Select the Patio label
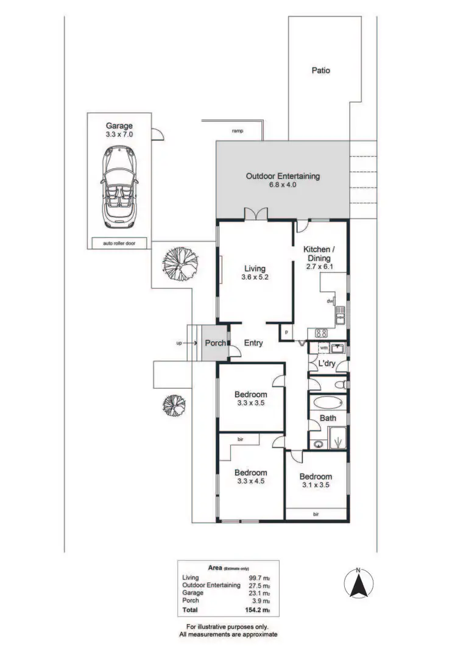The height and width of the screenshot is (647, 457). click(321, 71)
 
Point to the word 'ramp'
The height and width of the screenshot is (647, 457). click(238, 131)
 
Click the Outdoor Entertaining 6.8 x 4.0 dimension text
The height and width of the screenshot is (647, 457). click(282, 185)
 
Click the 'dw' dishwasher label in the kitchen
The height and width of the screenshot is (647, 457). click(330, 301)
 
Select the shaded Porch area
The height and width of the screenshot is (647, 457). click(214, 343)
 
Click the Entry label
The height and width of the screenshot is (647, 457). click(253, 343)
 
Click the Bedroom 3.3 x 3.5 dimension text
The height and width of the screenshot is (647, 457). click(250, 403)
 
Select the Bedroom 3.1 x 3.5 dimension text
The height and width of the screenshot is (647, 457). click(315, 485)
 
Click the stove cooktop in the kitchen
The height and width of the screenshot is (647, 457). click(321, 333)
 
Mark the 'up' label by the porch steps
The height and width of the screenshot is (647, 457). click(179, 343)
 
